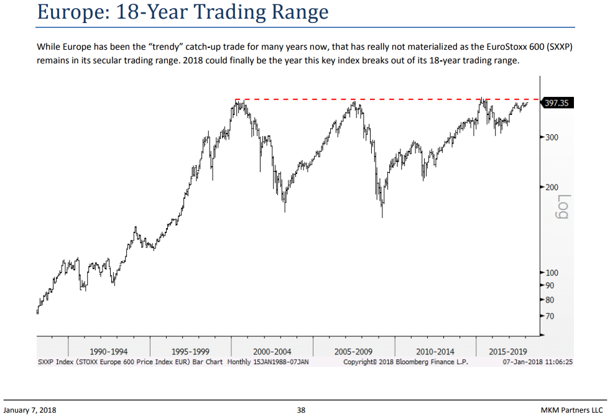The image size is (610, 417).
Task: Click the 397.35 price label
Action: pos(556,103)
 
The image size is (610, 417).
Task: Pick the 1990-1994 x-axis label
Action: pos(109,352)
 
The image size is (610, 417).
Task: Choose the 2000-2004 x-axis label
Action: pos(272,352)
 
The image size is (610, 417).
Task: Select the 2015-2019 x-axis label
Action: pos(508,352)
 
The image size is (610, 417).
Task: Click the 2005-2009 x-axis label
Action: pos(353,352)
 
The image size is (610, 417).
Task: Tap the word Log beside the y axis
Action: pos(563,208)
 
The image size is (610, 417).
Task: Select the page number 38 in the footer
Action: pos(301,410)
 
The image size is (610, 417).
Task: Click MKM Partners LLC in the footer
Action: pos(572,410)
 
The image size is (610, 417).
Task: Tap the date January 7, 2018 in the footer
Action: pos(30,410)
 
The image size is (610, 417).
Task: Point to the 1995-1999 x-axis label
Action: pos(190,352)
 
